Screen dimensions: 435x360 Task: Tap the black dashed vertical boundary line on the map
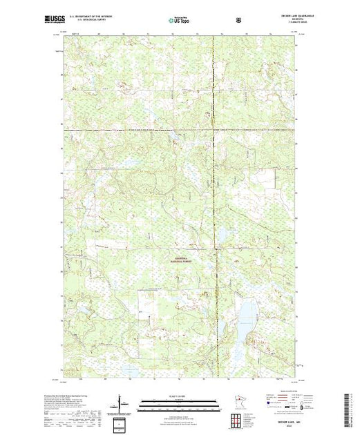tap(213, 207)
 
